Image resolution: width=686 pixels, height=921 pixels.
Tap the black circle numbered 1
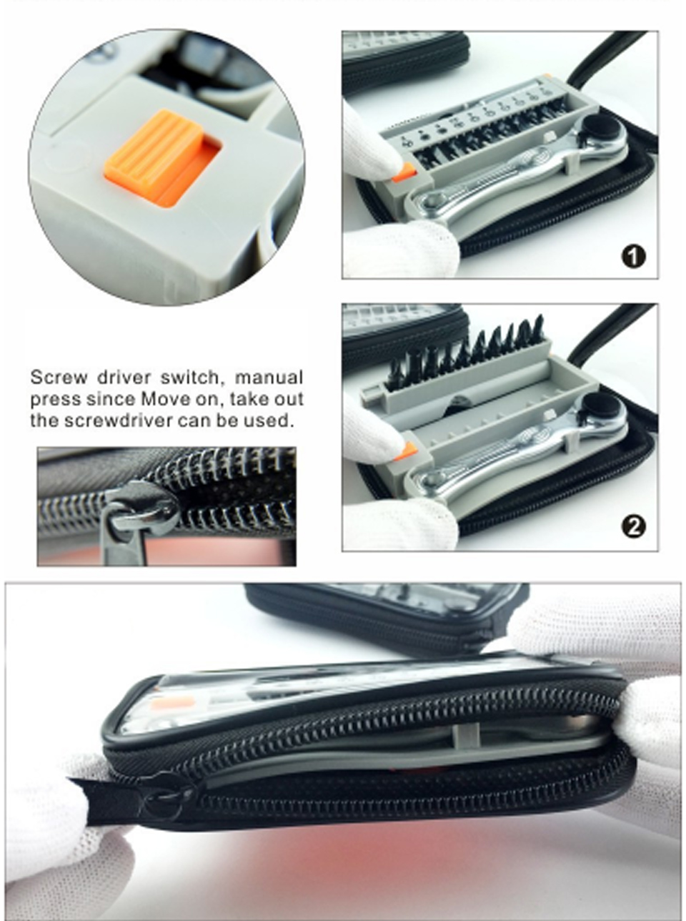pyautogui.click(x=633, y=256)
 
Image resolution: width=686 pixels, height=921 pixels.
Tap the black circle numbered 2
pyautogui.click(x=634, y=526)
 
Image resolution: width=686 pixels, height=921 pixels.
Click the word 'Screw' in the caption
pyautogui.click(x=59, y=378)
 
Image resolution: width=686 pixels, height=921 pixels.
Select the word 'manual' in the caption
pyautogui.click(x=269, y=378)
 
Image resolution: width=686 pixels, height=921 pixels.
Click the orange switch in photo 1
pyautogui.click(x=404, y=173)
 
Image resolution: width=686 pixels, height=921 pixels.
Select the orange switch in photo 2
pyautogui.click(x=406, y=451)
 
